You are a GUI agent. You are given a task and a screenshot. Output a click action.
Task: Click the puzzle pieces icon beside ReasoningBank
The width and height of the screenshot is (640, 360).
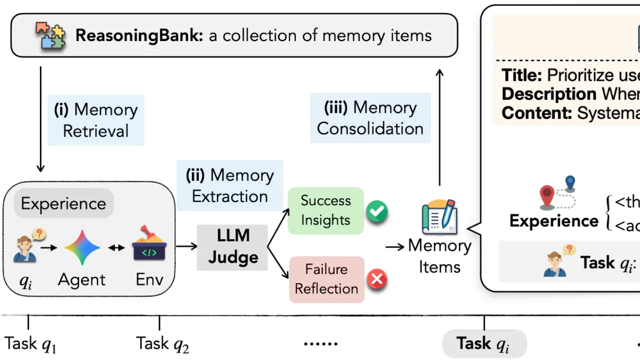pos(51,36)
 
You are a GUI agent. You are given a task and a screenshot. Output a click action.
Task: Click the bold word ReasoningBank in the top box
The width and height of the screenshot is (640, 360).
pos(138,36)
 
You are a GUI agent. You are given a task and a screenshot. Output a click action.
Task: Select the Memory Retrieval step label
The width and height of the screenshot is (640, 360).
pos(96,120)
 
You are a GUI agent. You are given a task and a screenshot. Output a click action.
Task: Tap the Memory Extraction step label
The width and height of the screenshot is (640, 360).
pos(230,185)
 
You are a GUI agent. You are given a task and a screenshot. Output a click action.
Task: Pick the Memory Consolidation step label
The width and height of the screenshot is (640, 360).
pos(370,118)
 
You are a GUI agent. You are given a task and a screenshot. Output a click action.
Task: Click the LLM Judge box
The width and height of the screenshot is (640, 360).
pos(233,247)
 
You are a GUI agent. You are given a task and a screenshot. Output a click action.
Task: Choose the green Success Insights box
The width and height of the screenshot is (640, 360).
pos(325,210)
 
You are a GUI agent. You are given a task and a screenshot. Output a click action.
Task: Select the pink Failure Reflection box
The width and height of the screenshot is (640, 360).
pos(326,279)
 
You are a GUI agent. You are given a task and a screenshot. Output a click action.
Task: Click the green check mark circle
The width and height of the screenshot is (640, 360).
pos(377,212)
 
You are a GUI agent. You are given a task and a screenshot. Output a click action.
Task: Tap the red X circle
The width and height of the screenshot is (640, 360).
pos(377,279)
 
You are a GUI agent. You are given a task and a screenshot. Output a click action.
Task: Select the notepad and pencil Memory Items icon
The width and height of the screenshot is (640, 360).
pos(439,217)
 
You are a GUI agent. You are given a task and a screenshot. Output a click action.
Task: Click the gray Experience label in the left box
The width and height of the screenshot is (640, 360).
pos(63,203)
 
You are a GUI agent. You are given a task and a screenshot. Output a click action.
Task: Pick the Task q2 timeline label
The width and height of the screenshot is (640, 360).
pos(162,343)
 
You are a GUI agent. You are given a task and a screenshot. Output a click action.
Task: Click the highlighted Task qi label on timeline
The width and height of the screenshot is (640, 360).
pos(484,343)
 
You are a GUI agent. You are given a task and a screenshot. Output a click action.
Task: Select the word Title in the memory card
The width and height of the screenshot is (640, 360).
pos(522,75)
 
